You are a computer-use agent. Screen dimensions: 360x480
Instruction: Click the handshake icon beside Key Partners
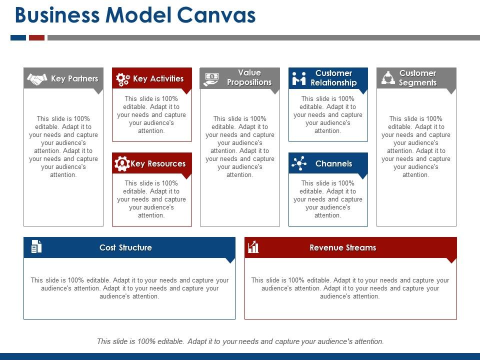click(x=37, y=79)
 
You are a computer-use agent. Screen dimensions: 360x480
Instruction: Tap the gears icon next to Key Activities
click(x=122, y=79)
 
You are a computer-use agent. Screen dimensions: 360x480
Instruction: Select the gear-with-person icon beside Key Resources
click(x=122, y=164)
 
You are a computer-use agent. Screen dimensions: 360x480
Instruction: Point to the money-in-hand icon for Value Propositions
click(x=211, y=78)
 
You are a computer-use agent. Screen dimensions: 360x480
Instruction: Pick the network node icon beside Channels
click(x=299, y=163)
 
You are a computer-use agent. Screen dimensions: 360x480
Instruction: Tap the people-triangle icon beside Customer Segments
click(x=388, y=78)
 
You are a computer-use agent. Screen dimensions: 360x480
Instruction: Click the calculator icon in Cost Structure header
click(x=36, y=246)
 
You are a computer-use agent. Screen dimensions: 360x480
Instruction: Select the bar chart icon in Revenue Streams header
click(x=253, y=246)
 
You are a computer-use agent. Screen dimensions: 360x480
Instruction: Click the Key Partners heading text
click(x=74, y=79)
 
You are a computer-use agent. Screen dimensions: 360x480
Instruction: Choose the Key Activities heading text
click(x=158, y=79)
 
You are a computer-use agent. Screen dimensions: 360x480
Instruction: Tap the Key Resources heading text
click(x=158, y=164)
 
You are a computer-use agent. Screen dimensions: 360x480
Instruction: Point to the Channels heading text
click(x=333, y=164)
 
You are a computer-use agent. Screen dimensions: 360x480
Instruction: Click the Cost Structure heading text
click(x=125, y=248)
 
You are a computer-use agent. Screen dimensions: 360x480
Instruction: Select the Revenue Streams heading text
click(x=342, y=248)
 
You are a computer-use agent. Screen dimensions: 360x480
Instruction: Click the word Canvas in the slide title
click(x=216, y=16)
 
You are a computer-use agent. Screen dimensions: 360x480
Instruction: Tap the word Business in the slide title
click(x=58, y=16)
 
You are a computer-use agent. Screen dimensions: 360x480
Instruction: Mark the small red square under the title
click(x=36, y=37)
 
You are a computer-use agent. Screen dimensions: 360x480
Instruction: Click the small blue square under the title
click(x=18, y=37)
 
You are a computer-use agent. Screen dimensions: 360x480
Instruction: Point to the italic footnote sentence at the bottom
click(x=240, y=341)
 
